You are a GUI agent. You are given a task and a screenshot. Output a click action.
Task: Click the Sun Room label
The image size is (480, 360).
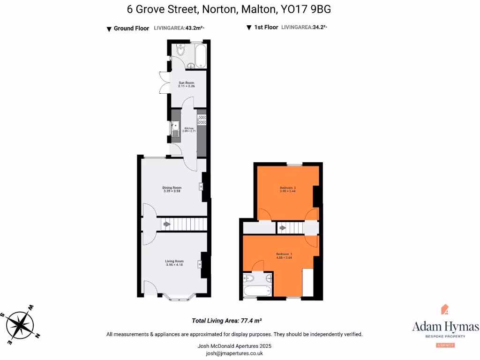tap(186, 84)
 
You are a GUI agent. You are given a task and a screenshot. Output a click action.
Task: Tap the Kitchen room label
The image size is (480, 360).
tap(189, 129)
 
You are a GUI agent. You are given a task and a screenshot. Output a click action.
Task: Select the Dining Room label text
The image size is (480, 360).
tap(172, 189)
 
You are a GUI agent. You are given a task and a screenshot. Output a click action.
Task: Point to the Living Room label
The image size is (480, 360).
tap(174, 263)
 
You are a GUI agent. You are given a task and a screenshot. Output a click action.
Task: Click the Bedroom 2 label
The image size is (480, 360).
tap(287, 189)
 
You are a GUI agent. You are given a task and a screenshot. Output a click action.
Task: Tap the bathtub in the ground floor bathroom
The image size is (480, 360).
tap(200, 55)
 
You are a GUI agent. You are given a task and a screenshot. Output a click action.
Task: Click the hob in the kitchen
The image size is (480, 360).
tap(202, 120)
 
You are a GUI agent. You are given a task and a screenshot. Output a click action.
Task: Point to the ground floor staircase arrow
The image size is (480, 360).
tap(166, 225)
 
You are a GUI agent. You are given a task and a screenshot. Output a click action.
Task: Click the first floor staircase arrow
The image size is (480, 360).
tap(282, 228)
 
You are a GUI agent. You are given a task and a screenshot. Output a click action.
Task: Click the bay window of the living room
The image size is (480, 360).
tap(180, 297)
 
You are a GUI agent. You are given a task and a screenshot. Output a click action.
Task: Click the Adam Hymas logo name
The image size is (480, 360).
tap(445, 326)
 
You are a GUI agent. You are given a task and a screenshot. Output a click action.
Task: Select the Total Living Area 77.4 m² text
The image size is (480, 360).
tap(226, 321)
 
